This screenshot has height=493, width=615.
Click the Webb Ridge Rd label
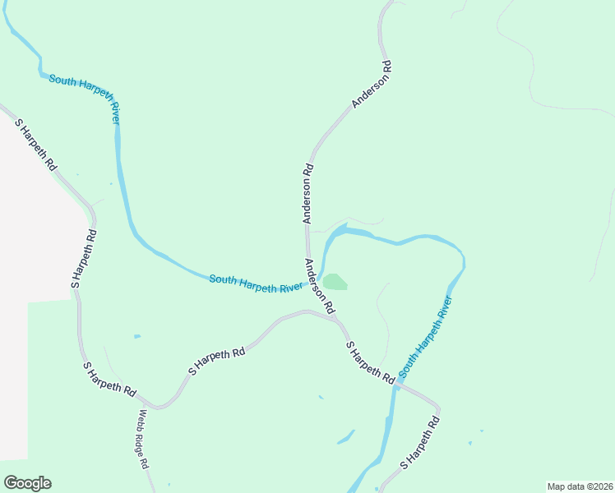143,439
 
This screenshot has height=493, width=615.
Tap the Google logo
27,483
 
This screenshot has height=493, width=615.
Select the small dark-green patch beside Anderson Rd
335,283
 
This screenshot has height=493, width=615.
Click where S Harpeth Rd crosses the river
396,382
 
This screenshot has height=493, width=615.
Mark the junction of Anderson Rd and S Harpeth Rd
336,318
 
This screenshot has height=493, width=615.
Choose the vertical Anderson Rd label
307,194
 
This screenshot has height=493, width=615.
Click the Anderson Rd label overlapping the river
318,286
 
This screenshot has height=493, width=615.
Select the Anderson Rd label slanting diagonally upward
371,83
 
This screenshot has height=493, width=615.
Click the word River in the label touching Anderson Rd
293,288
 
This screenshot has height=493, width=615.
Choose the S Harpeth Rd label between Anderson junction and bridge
369,362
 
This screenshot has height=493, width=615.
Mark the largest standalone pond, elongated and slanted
345,436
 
